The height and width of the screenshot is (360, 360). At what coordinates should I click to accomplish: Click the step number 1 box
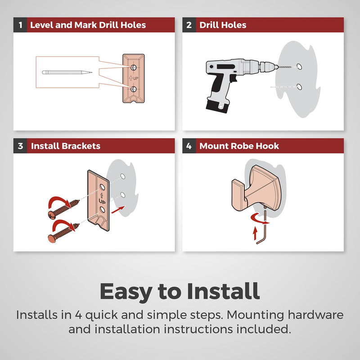[20, 25]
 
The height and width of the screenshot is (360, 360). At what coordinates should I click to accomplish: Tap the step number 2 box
[189, 25]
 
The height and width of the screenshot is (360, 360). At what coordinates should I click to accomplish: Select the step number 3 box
[20, 146]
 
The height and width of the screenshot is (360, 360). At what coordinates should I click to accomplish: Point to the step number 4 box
[189, 146]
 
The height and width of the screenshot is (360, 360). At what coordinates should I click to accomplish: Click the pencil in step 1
[67, 72]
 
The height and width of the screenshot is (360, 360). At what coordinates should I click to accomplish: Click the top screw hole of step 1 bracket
[134, 67]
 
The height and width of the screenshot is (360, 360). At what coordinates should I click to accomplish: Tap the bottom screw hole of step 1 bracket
[134, 89]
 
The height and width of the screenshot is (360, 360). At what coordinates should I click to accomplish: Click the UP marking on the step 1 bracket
[134, 78]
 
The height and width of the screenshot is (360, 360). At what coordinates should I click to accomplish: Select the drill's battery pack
[217, 105]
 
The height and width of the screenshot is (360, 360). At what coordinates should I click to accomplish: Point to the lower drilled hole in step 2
[299, 87]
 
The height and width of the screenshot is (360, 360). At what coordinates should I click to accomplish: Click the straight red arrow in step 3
[118, 210]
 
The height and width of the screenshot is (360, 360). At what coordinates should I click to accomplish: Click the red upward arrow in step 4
[255, 233]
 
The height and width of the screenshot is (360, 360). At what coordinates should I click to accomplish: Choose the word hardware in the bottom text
[316, 315]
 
